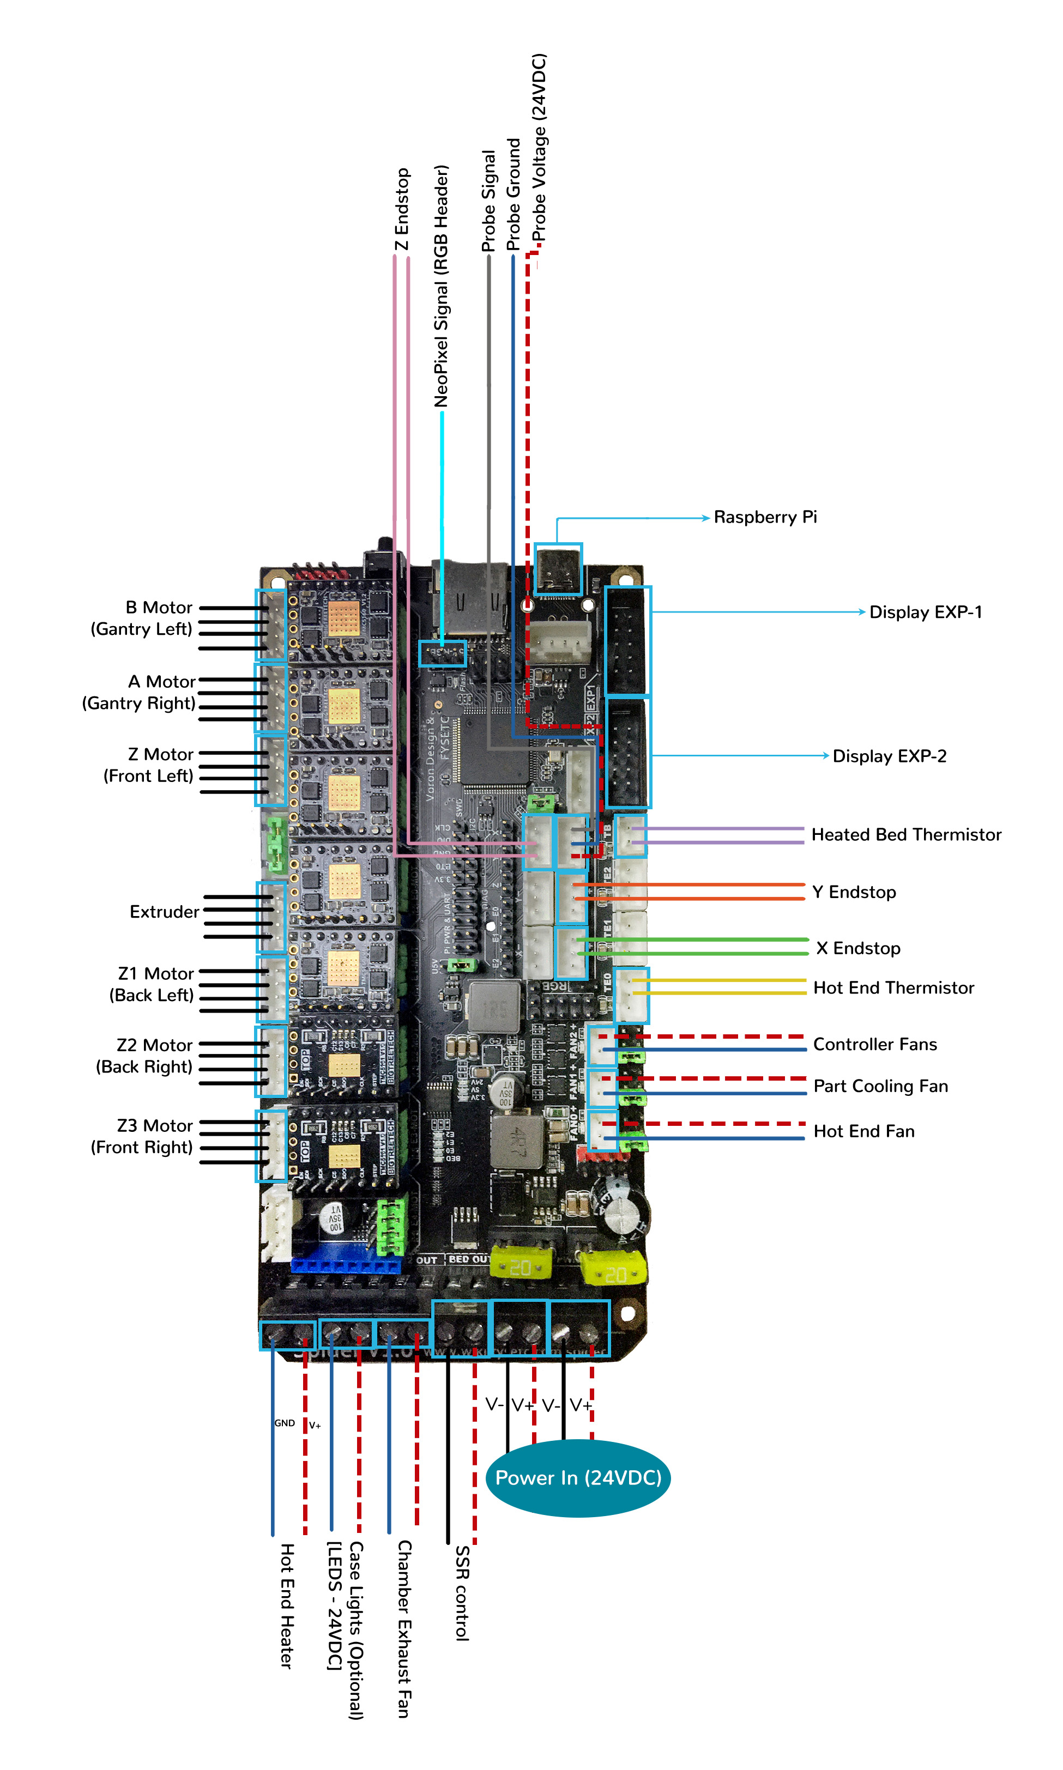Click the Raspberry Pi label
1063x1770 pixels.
(x=764, y=517)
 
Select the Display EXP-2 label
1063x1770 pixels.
(x=889, y=756)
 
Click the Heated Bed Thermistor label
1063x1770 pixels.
(x=905, y=835)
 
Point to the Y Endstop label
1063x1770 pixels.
(x=854, y=892)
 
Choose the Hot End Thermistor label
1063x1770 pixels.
(x=893, y=988)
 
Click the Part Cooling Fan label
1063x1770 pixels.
(x=880, y=1086)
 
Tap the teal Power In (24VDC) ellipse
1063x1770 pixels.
(x=578, y=1478)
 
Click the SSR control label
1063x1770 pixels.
(x=463, y=1593)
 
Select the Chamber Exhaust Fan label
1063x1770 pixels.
(x=404, y=1629)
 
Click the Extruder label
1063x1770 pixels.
(x=164, y=912)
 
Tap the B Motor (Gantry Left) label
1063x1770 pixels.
(x=142, y=618)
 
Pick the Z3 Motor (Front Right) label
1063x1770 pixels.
(x=142, y=1136)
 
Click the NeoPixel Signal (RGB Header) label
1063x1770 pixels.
(x=441, y=287)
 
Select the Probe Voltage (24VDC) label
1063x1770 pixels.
(x=539, y=148)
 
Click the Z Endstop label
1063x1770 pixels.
(x=402, y=209)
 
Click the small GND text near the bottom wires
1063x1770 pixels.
(x=285, y=1423)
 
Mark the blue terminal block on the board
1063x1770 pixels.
(x=345, y=1265)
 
